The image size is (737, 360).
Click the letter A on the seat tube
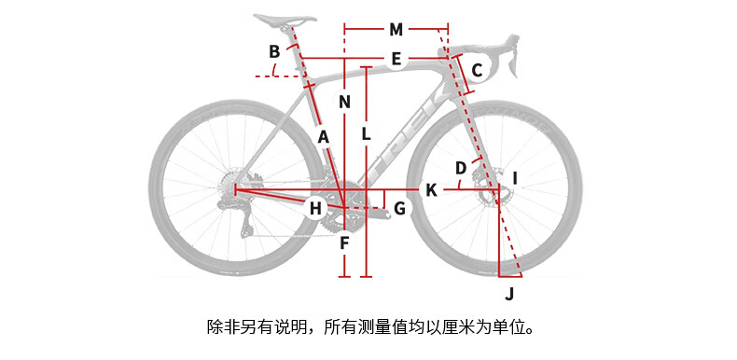coord(323,137)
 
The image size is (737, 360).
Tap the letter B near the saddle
coord(274,51)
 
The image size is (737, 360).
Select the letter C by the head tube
coord(477,71)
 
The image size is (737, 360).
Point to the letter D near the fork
coord(461,168)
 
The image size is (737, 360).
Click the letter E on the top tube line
coord(396,60)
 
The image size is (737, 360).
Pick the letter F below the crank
coord(344,243)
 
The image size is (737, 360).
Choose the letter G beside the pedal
coord(399,208)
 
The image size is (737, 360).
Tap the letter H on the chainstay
coord(315,208)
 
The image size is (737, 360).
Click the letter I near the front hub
coord(515,178)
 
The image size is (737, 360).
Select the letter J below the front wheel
coord(509,294)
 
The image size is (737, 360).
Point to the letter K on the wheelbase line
coord(431,190)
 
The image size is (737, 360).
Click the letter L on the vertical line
coord(366,134)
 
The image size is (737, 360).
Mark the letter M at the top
coord(396,30)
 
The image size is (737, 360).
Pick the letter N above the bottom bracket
coord(345,102)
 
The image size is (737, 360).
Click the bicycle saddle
coord(285,20)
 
